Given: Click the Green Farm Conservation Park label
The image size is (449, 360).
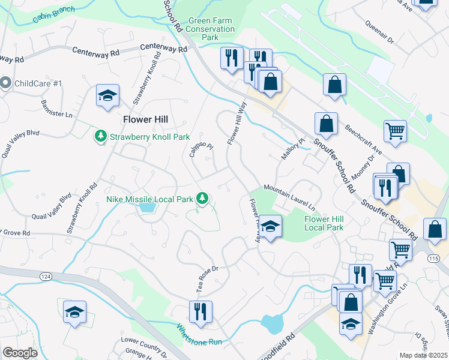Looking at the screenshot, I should tap(211, 29).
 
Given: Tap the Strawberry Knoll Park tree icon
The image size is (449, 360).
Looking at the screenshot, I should tap(100, 137).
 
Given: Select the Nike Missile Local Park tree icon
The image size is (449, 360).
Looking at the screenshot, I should tap(203, 198).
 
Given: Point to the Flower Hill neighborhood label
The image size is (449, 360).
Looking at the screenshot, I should tap(145, 119).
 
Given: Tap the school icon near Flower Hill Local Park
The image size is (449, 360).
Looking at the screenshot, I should tap(271, 227).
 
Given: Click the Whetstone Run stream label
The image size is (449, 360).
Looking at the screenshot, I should tap(199, 334).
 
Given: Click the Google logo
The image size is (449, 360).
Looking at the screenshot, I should tap(20, 353).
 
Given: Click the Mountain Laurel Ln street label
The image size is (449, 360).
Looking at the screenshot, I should tap(289, 189).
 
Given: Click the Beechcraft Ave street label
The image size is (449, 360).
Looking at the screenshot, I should tap(363, 139).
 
